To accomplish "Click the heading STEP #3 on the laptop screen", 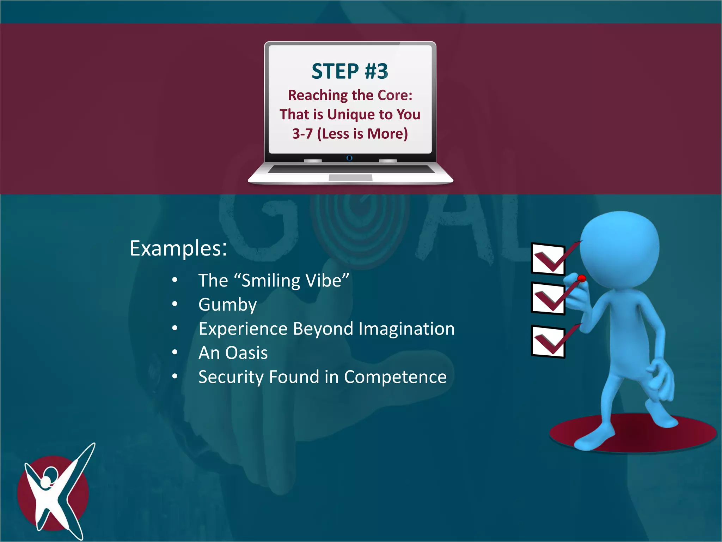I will [350, 71].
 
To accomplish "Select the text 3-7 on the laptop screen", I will [302, 134].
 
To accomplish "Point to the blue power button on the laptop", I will [349, 158].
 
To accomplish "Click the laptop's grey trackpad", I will [350, 178].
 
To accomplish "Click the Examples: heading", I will [178, 248].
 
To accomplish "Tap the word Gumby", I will [227, 305].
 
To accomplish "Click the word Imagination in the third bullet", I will [406, 329].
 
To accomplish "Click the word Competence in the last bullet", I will [395, 377].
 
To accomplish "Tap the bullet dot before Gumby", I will [175, 304].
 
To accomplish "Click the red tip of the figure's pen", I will [582, 279].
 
